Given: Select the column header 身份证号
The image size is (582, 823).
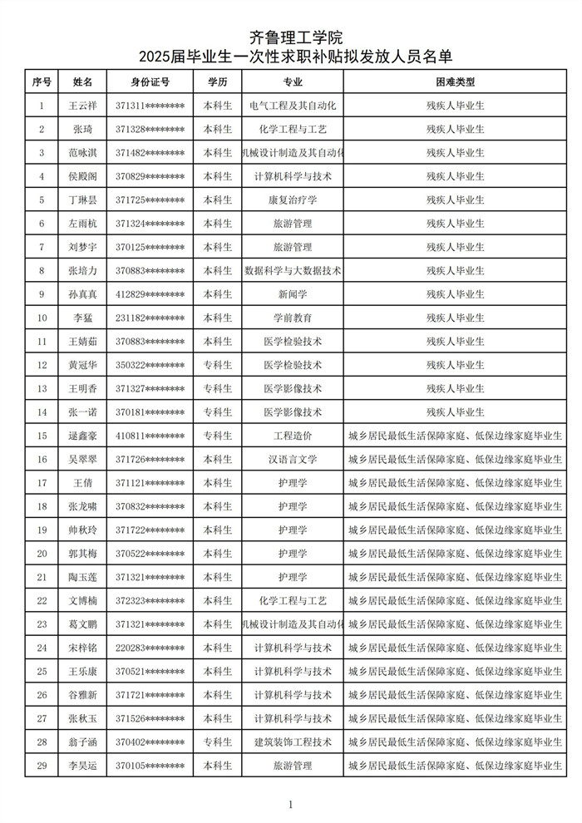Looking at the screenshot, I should coord(150,82).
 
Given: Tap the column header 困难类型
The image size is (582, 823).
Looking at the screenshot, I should coord(455,82).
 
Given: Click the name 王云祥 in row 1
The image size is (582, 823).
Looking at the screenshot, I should coord(83,106).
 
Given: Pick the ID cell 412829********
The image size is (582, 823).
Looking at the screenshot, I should coord(150,294).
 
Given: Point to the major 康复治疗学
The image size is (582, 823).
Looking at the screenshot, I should coord(293,200).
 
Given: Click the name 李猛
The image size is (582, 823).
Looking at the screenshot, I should coord(83,318).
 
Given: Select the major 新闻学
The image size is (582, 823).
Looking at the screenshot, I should coord(293,294).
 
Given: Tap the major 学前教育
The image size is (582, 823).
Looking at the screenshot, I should coord(293,318).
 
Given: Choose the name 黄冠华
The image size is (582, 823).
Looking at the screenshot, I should coord(83,365).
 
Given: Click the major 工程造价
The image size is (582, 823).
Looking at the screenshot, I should coord(293,436).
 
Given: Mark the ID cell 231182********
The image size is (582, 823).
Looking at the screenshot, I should coord(150,318).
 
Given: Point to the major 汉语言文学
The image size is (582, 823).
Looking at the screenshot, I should coord(293,459).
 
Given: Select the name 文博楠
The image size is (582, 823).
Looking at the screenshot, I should coord(83,600).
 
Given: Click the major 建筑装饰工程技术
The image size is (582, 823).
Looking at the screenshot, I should coord(293,742).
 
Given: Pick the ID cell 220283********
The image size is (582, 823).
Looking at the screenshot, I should coord(150,648).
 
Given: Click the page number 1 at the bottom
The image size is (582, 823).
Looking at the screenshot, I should coord(290,804).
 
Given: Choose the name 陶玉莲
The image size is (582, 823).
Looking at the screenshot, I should coord(83,577).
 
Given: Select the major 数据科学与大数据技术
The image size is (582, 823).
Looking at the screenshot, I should coord(293,271).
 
